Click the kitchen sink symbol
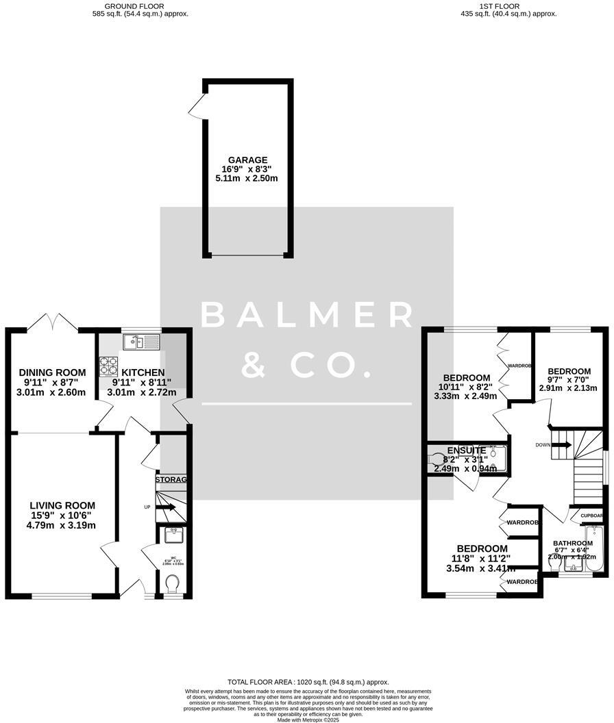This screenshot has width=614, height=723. (x=141, y=340)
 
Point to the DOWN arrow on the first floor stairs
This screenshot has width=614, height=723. (x=561, y=445)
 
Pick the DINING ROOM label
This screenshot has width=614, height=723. (x=52, y=372)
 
